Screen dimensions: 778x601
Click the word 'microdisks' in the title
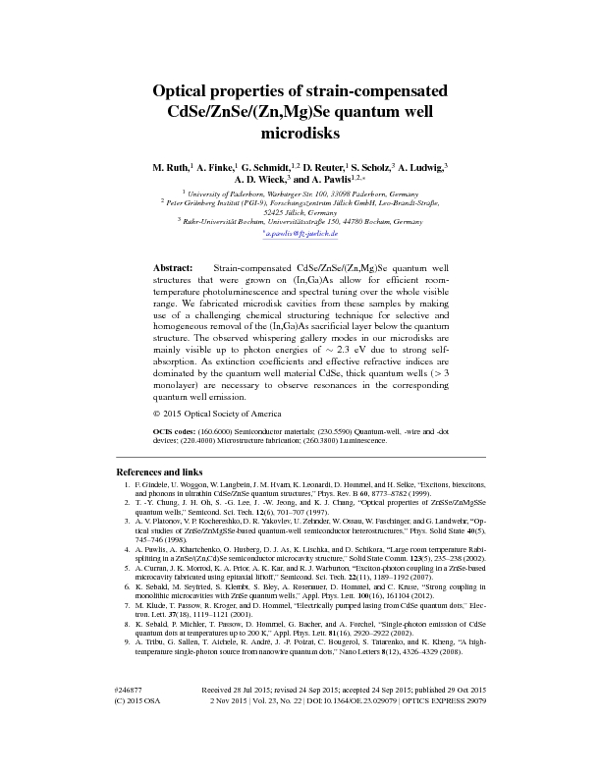300,131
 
